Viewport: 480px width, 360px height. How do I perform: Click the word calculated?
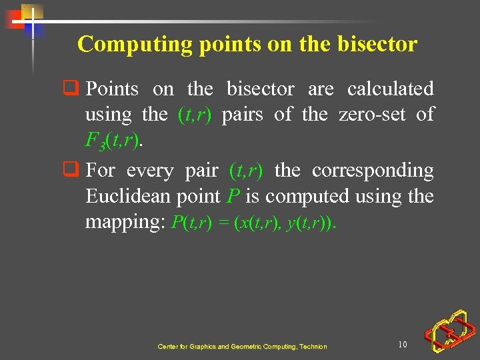point(390,89)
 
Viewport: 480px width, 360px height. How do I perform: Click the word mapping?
point(125,223)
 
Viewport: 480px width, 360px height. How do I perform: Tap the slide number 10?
point(402,344)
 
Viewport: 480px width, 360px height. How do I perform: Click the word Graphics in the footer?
point(199,347)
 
